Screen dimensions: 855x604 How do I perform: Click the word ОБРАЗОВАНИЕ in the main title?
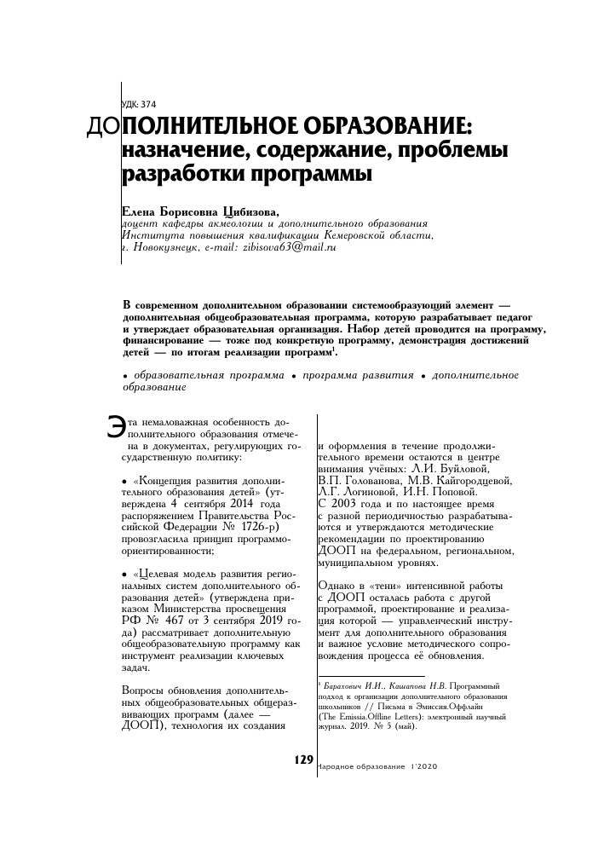(x=380, y=127)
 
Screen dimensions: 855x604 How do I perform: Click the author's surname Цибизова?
(x=250, y=210)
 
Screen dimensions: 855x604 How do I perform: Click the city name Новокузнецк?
(x=166, y=247)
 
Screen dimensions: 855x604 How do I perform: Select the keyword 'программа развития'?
(x=353, y=375)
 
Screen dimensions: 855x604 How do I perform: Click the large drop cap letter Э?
(x=114, y=426)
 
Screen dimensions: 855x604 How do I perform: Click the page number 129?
(x=303, y=759)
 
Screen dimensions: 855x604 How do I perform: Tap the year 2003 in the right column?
(x=342, y=504)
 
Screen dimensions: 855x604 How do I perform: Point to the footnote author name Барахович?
(x=344, y=685)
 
